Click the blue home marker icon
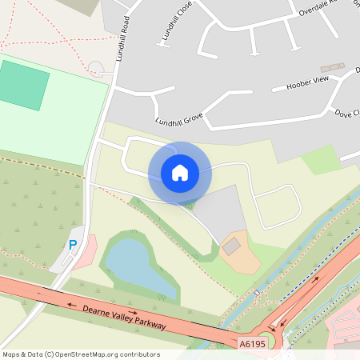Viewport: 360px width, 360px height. click(x=180, y=172)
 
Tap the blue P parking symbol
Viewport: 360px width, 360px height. click(x=73, y=246)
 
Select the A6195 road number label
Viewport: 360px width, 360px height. click(x=253, y=344)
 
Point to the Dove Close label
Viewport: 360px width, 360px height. click(x=349, y=114)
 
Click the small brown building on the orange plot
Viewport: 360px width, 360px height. click(x=231, y=247)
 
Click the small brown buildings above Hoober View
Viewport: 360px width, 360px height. click(x=331, y=69)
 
